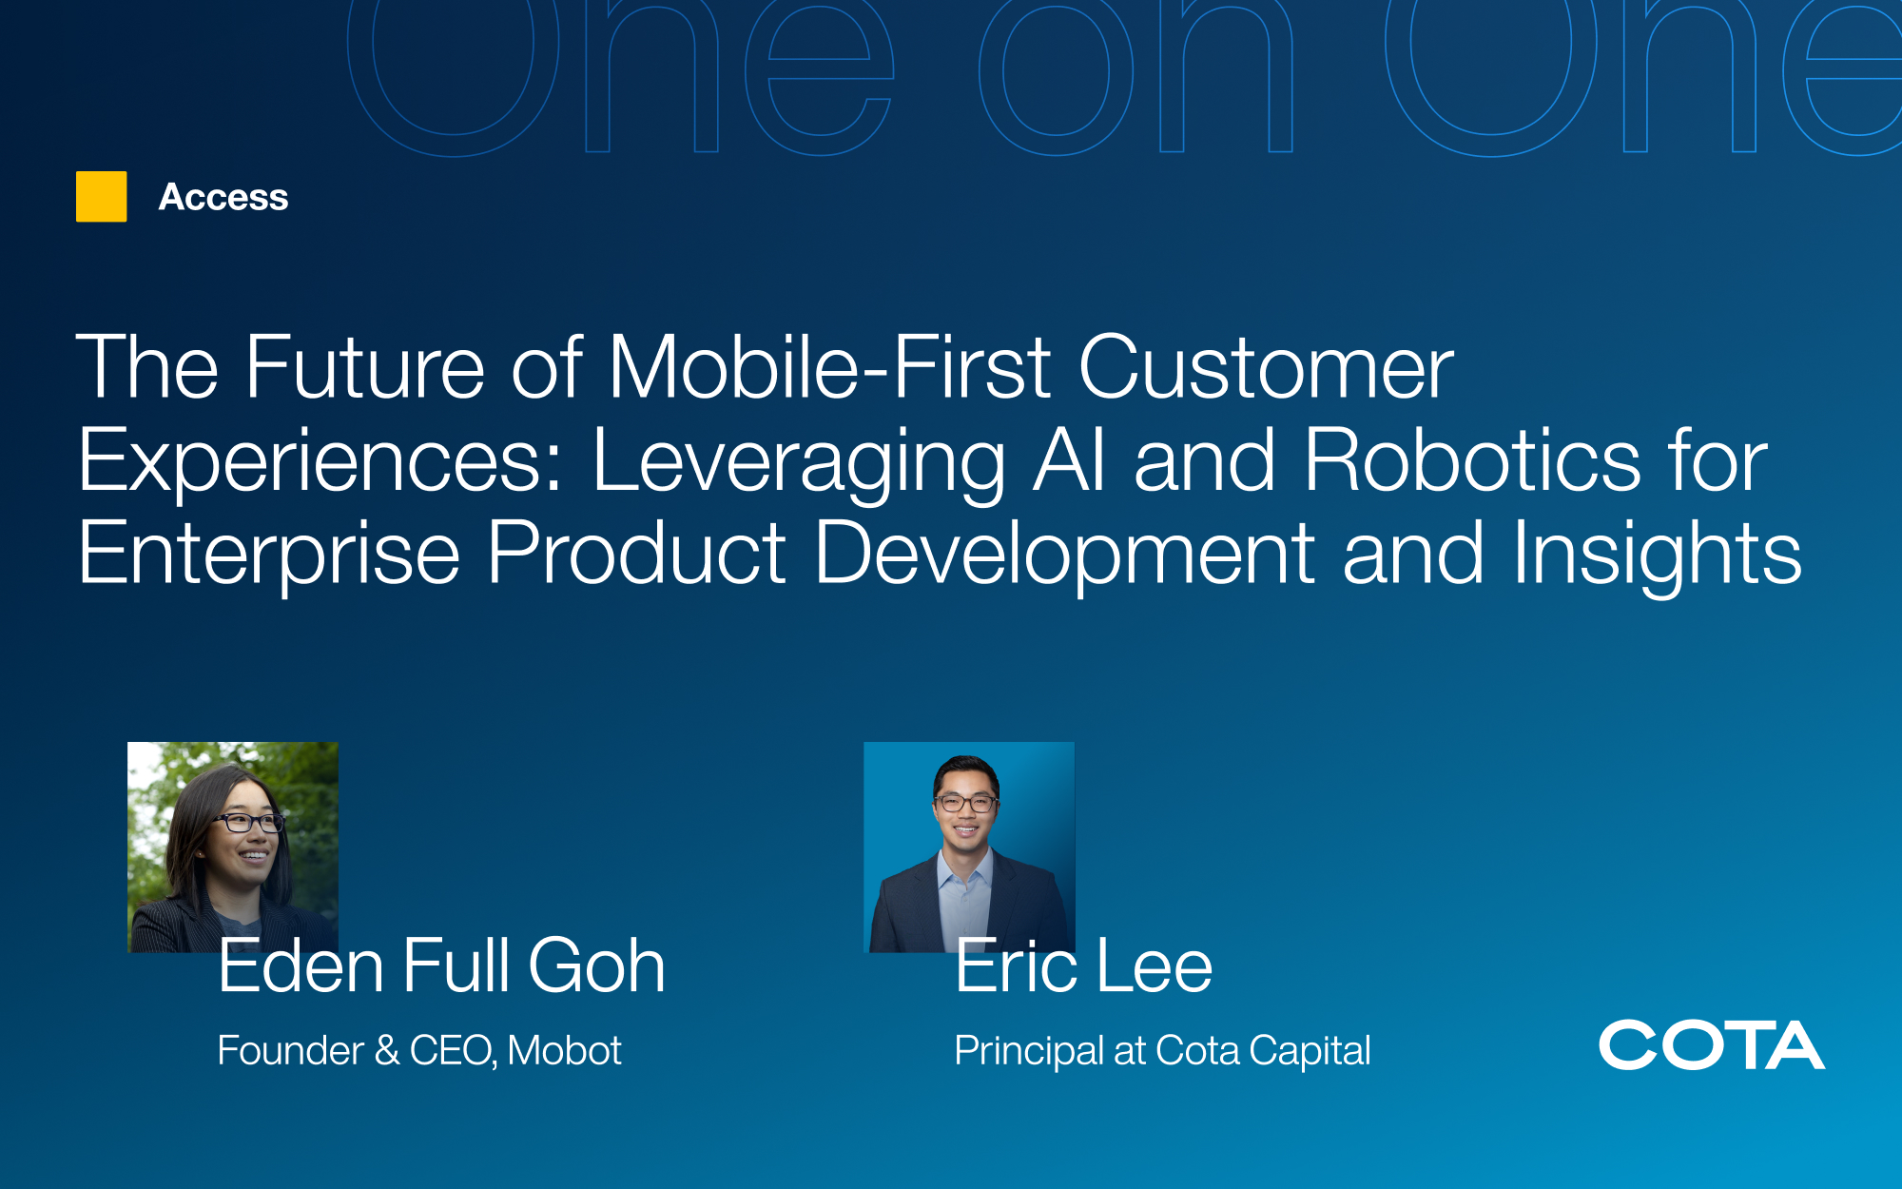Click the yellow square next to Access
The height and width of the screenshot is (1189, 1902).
[101, 197]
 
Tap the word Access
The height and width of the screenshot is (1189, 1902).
[223, 197]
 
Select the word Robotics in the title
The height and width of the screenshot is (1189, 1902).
[1472, 460]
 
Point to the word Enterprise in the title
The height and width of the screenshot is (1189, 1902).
[269, 555]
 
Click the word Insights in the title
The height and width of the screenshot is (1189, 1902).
[1657, 555]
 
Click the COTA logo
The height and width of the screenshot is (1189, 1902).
[1712, 1045]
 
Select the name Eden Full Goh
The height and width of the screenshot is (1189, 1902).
[441, 965]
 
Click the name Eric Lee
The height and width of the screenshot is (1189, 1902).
[1084, 965]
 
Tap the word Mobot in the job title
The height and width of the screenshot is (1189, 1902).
[564, 1050]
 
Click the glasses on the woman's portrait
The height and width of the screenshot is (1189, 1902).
[249, 822]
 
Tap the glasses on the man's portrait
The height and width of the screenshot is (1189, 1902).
[966, 803]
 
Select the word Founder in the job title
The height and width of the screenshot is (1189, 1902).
[290, 1050]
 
